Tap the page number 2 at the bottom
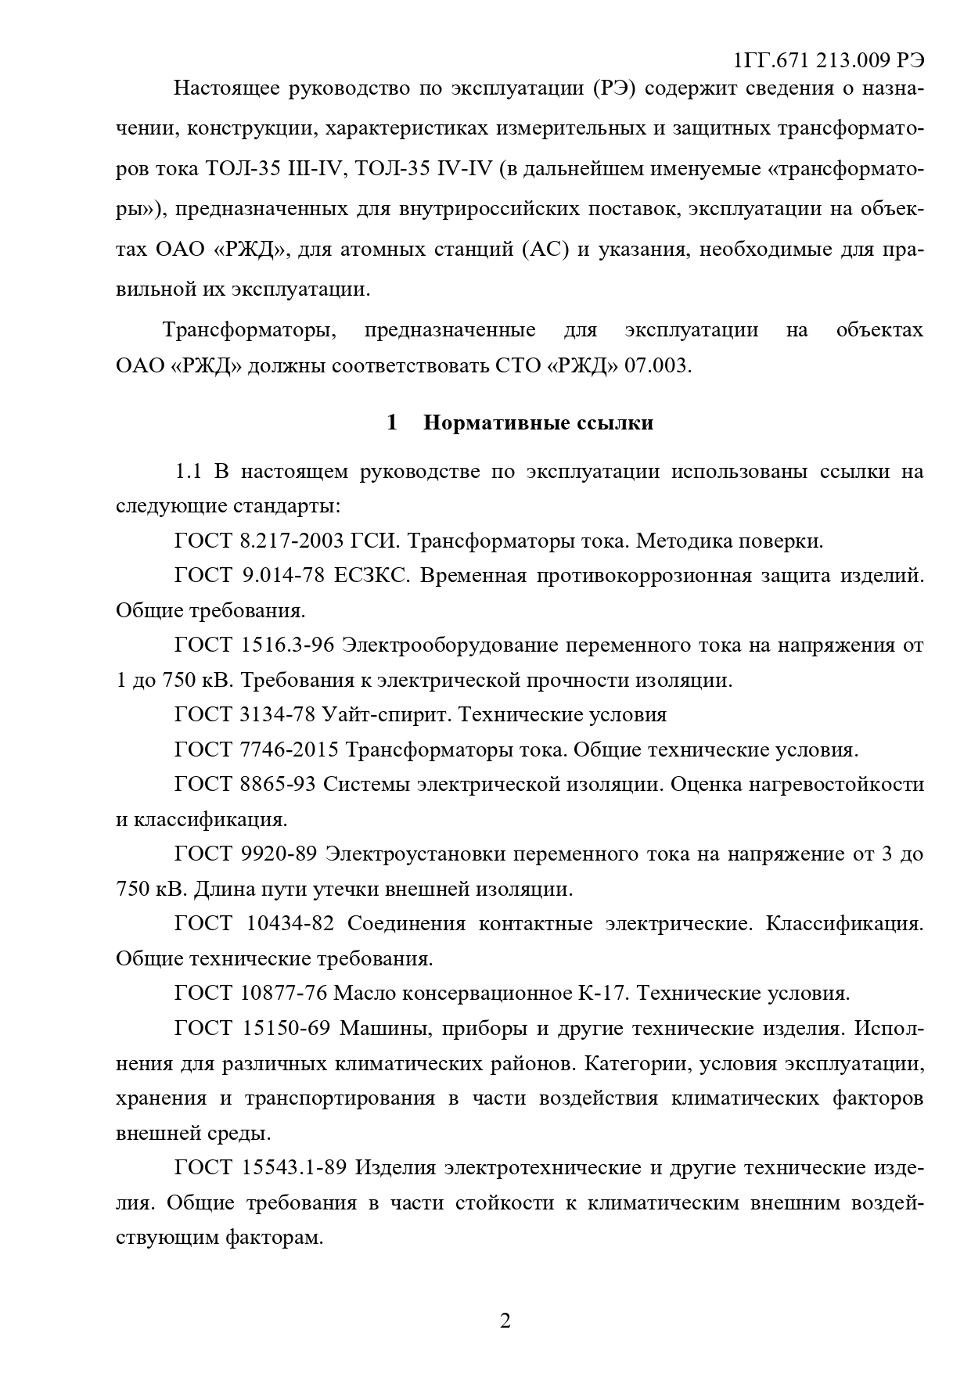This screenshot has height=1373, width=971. click(505, 1321)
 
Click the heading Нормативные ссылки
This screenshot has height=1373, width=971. click(538, 423)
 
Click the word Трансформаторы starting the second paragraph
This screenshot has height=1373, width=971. click(249, 330)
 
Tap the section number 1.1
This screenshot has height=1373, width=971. click(189, 471)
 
